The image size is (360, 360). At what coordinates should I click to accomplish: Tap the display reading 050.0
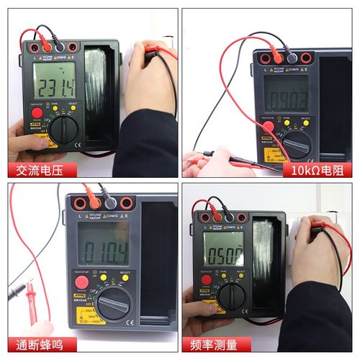[223, 253]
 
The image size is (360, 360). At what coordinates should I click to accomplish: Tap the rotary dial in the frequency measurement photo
[231, 295]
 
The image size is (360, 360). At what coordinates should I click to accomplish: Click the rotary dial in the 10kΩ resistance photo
[296, 143]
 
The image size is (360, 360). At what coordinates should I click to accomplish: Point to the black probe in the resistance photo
[216, 154]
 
